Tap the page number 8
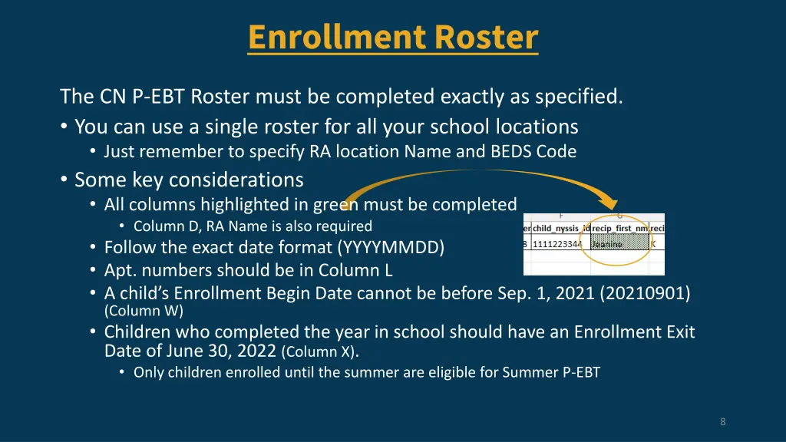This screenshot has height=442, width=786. [x=723, y=421]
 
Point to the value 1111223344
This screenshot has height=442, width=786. [x=558, y=244]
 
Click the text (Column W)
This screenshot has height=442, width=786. [x=144, y=311]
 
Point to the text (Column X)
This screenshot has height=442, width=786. [x=319, y=352]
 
